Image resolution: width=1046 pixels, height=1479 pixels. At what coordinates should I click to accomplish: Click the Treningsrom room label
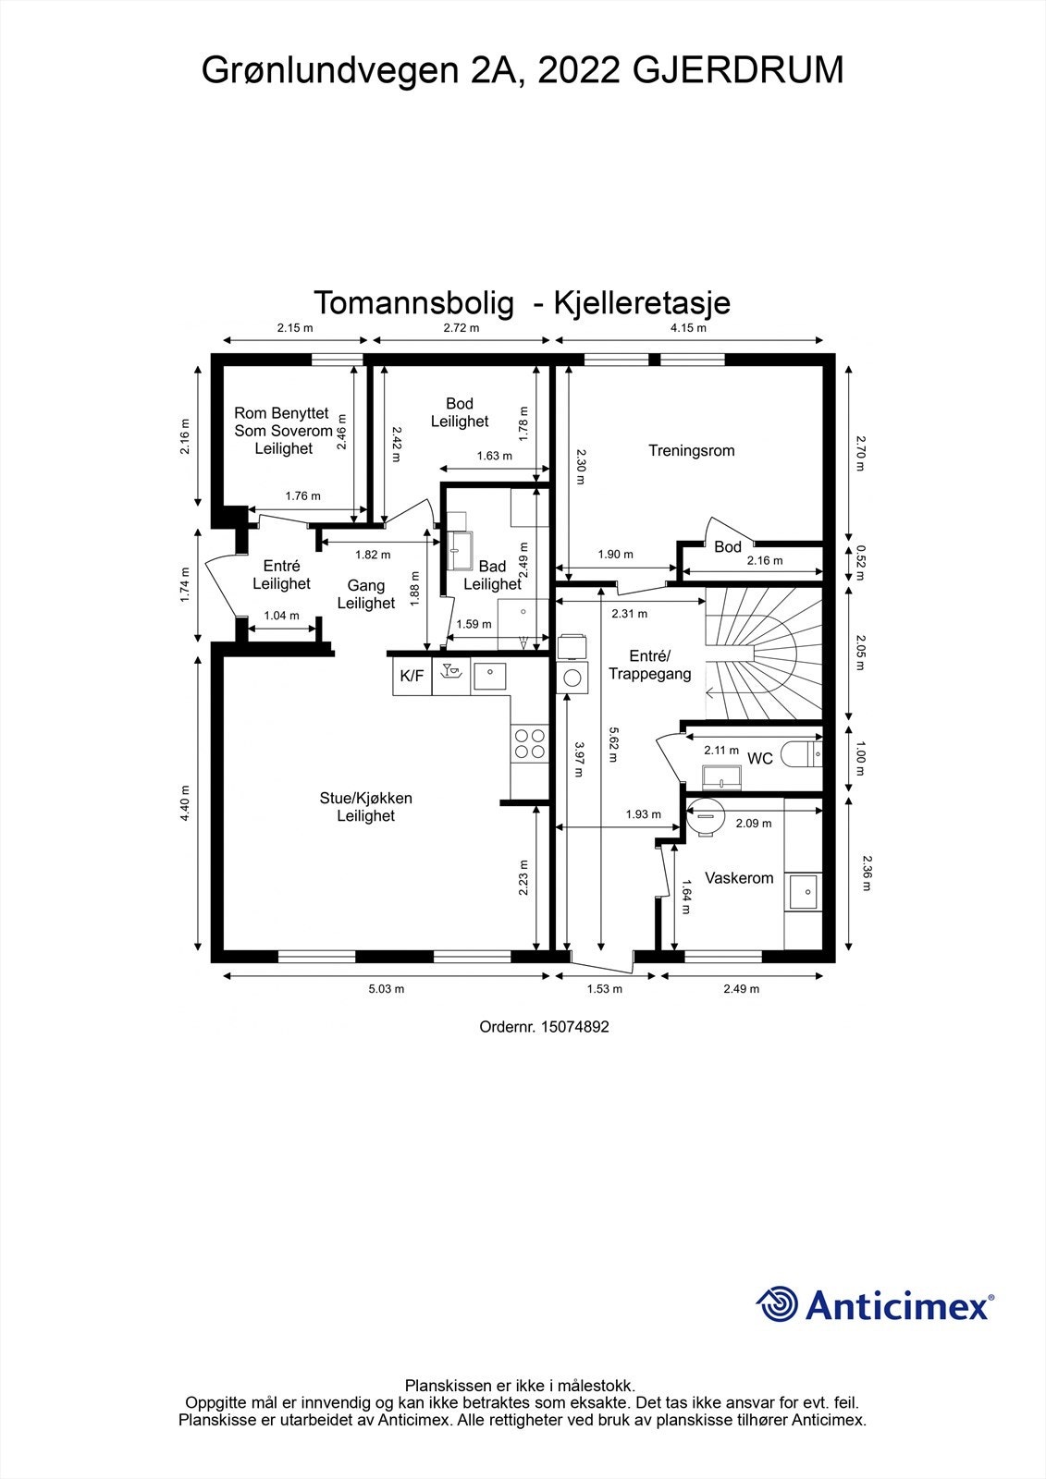pyautogui.click(x=691, y=451)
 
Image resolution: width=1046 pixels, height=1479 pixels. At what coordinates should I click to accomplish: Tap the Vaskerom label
pyautogui.click(x=739, y=878)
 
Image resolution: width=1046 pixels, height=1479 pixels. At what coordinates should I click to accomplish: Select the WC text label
pyautogui.click(x=759, y=759)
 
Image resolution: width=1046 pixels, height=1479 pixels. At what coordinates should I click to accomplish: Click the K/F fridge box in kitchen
pyautogui.click(x=412, y=676)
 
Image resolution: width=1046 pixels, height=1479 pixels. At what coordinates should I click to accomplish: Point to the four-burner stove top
pyautogui.click(x=529, y=745)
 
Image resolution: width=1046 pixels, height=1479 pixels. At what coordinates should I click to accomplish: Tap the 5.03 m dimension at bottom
pyautogui.click(x=387, y=989)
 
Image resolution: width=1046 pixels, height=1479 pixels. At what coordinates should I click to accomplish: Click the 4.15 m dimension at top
pyautogui.click(x=688, y=328)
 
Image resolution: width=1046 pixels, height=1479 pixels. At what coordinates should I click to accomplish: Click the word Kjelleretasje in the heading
pyautogui.click(x=642, y=302)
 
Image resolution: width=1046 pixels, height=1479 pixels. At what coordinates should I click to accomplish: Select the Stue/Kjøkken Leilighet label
pyautogui.click(x=365, y=807)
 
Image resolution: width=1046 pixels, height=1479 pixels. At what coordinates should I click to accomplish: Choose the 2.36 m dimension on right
pyautogui.click(x=866, y=872)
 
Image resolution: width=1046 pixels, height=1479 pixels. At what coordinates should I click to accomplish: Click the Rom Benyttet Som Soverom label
pyautogui.click(x=283, y=431)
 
